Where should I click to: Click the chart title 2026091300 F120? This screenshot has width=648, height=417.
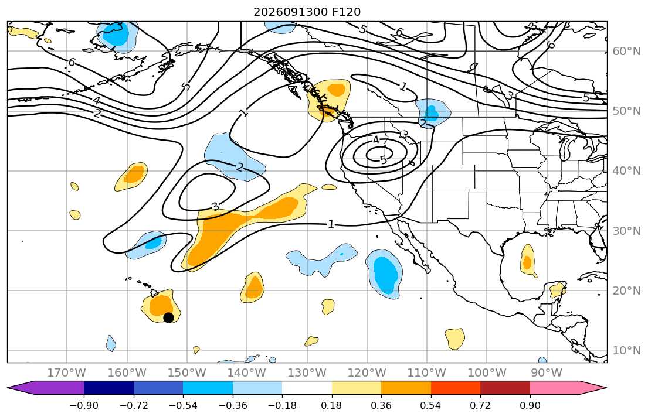point(307,12)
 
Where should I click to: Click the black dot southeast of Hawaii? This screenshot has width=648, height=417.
point(168,317)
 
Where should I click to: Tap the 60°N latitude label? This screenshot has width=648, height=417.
point(626,51)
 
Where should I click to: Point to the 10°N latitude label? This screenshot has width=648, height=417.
point(626,351)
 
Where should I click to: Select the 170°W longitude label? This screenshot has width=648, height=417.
point(67,373)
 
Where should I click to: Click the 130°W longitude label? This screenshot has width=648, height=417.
point(307,373)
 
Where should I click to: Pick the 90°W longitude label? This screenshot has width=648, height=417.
point(547,373)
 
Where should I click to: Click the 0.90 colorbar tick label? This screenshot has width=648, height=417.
point(530,405)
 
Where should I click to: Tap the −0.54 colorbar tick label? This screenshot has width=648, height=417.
point(183,405)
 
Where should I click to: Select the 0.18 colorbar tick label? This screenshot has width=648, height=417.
point(331,405)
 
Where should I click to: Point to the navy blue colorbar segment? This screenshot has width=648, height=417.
point(108,388)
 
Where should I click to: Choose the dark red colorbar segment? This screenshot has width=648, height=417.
point(505,388)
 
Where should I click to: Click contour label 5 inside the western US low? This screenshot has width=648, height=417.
point(384,160)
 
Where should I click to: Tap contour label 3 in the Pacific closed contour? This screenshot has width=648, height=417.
point(215,206)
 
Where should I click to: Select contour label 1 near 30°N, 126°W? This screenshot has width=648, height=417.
point(331,224)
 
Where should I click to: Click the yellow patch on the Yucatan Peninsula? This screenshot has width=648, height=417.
point(557,289)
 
